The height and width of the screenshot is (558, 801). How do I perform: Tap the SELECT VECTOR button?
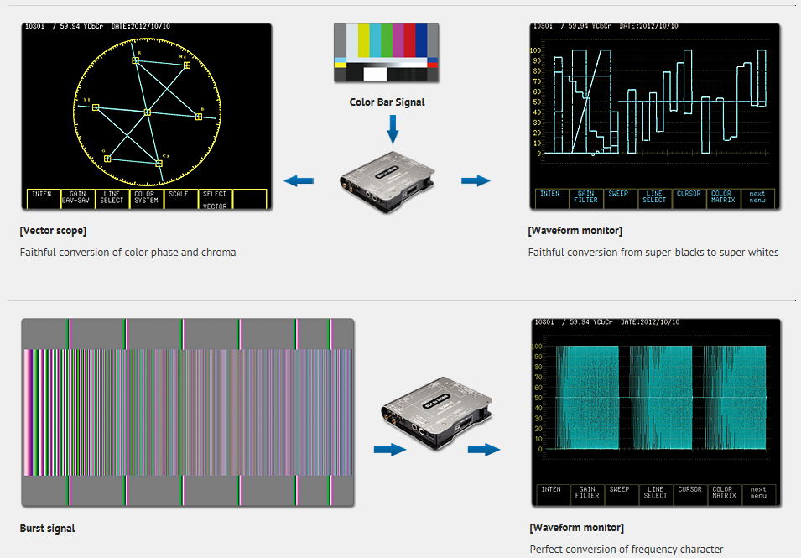click(x=215, y=198)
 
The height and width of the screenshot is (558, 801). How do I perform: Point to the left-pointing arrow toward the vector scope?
click(x=299, y=180)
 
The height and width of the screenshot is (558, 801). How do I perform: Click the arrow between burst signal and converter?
click(x=389, y=450)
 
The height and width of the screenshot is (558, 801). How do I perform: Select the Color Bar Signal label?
click(x=387, y=102)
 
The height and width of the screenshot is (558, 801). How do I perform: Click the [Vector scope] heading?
click(x=53, y=231)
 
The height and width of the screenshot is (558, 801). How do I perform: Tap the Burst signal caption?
click(x=47, y=529)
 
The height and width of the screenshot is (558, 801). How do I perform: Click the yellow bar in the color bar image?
click(x=364, y=40)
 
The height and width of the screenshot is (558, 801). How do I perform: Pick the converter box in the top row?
click(x=388, y=180)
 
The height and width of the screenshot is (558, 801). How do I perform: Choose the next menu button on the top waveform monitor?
click(x=757, y=198)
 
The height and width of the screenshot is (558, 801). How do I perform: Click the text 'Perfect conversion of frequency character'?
click(x=626, y=550)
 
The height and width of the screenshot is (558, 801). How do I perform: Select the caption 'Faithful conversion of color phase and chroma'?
click(x=127, y=252)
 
